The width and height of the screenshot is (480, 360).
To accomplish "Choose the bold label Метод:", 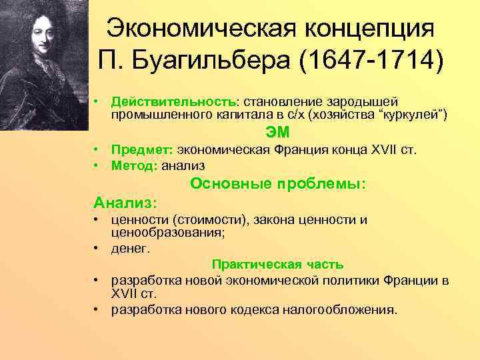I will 135,165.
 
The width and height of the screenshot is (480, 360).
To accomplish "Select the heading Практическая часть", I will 277,265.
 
